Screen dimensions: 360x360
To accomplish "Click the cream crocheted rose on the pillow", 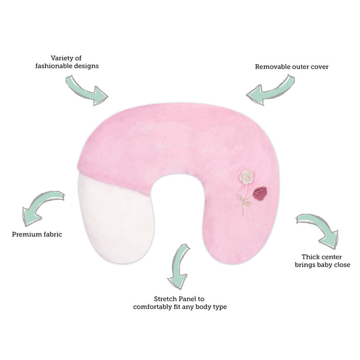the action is click(x=247, y=177).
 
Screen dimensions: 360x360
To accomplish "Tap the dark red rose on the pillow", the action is click(x=260, y=193).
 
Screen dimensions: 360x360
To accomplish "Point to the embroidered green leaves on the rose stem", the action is click(x=243, y=200).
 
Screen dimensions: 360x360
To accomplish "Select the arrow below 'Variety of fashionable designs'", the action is click(x=85, y=92).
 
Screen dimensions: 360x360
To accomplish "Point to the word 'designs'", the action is click(x=86, y=67).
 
